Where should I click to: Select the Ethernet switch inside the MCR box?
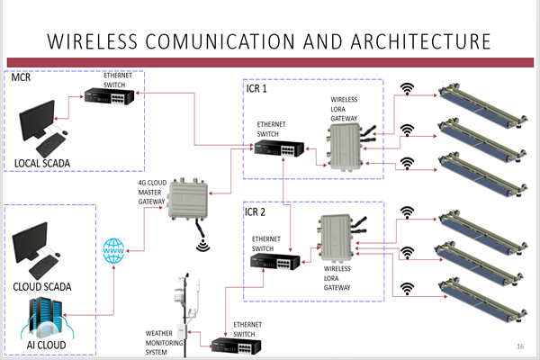point(104,96)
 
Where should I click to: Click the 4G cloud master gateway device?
point(193,202)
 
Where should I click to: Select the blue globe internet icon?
point(114,251)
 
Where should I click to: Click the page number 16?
point(520,346)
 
